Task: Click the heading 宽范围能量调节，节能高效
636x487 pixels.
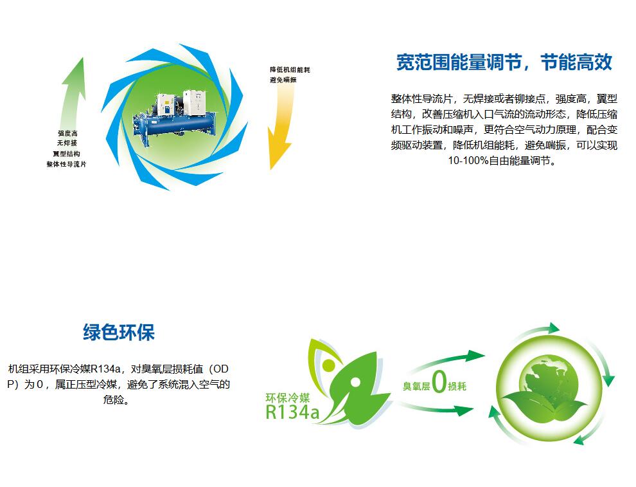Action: pyautogui.click(x=504, y=62)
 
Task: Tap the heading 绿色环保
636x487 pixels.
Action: pyautogui.click(x=119, y=332)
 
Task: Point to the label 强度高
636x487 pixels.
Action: pyautogui.click(x=67, y=133)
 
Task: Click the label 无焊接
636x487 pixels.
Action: pyautogui.click(x=67, y=143)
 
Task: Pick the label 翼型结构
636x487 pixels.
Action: pyautogui.click(x=66, y=154)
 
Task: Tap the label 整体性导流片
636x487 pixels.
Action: pyautogui.click(x=66, y=164)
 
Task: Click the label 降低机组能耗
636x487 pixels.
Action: pyautogui.click(x=290, y=70)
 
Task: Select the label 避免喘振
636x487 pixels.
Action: pyautogui.click(x=283, y=80)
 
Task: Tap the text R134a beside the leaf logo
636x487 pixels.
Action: pyautogui.click(x=292, y=412)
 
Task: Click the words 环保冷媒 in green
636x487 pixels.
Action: pyautogui.click(x=288, y=398)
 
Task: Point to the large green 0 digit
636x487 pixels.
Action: pyautogui.click(x=439, y=382)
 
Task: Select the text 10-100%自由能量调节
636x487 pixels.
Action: pyautogui.click(x=501, y=160)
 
